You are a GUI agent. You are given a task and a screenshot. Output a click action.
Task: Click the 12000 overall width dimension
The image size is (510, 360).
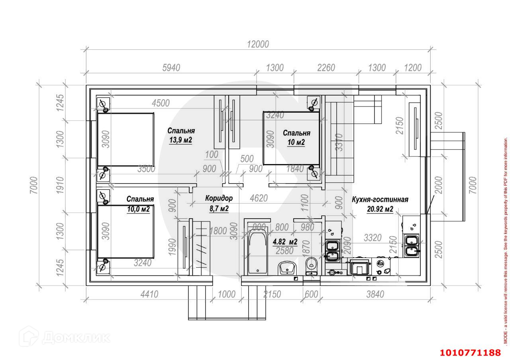coord(258,44)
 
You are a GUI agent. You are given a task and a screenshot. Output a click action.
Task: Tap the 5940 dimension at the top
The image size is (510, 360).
coord(171,68)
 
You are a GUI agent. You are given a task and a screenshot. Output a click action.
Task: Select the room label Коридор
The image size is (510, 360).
coord(219,198)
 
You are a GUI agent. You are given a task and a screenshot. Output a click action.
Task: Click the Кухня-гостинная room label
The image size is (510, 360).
coord(380,200)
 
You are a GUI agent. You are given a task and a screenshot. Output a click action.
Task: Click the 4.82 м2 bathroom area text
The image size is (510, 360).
coord(285,242)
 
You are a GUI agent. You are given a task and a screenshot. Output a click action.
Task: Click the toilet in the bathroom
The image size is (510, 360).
coord(311,265)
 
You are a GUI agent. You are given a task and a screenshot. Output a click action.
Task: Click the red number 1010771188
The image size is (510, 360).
coord(470,352)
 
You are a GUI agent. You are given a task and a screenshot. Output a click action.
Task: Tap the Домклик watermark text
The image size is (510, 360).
coord(75,338)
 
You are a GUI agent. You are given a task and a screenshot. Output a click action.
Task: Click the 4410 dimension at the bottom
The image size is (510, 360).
coord(149,294)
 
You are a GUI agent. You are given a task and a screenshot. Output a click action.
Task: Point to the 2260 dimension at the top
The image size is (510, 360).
coord(326,68)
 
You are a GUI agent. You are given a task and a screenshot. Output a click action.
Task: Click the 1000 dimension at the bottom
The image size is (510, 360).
coord(227,294)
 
